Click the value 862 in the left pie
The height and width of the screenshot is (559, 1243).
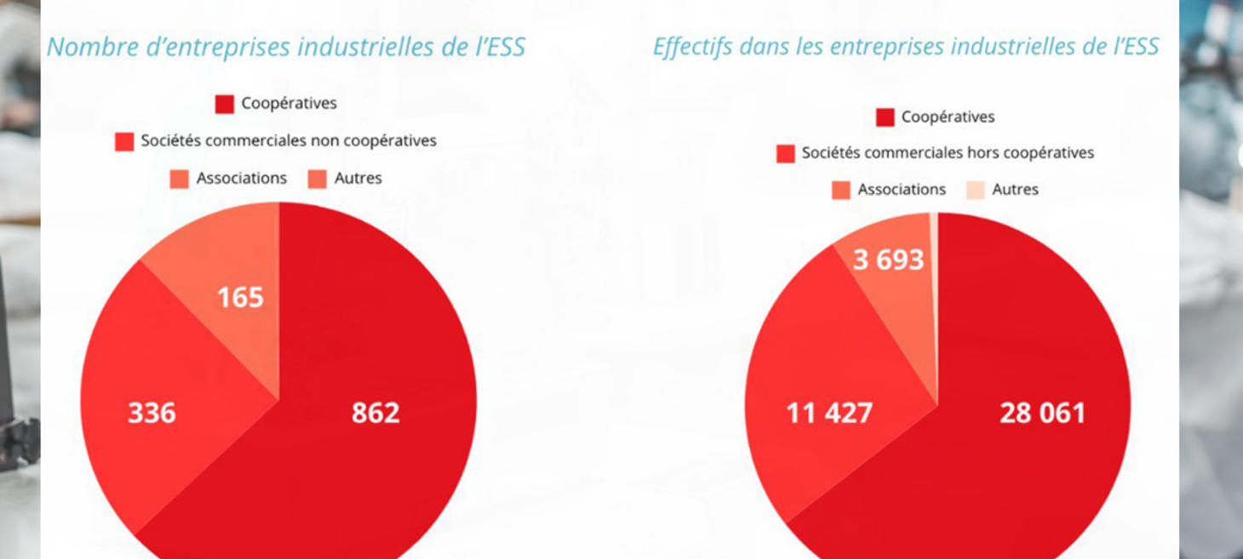[x=375, y=413]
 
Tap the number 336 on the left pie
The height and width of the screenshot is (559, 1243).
[x=152, y=413]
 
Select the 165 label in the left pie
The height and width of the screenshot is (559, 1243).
[x=240, y=298]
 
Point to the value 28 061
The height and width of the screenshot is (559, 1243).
[x=1042, y=414]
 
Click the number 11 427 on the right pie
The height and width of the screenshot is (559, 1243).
[x=828, y=414]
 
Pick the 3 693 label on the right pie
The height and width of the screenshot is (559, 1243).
[x=888, y=260]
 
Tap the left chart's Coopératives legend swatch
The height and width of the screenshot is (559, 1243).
[x=225, y=105]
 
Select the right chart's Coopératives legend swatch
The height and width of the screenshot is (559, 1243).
[x=885, y=117]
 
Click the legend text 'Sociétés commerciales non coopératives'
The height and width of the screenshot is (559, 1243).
[x=289, y=140]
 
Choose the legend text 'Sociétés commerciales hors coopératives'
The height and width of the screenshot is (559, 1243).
[x=948, y=153]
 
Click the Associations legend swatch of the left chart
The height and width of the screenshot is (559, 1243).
[x=180, y=179]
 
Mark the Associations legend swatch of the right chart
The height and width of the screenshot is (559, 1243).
[x=841, y=190]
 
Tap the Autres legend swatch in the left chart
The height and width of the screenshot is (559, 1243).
[x=318, y=179]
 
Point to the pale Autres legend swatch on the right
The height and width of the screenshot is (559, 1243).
[x=976, y=190]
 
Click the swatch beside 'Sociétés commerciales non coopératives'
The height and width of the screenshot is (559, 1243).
[x=124, y=142]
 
